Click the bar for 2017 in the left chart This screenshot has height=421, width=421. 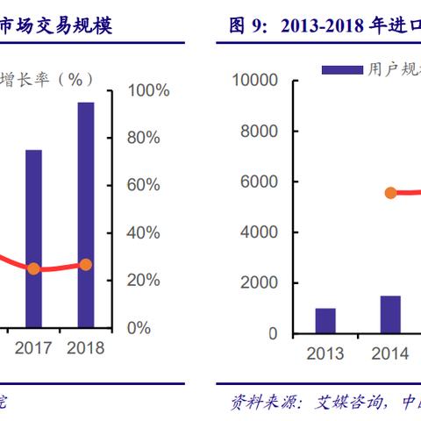[x=33, y=239]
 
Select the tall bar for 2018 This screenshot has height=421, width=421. [x=85, y=215]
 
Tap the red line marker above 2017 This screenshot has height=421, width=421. [x=33, y=268]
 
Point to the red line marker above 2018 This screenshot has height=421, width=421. [x=85, y=264]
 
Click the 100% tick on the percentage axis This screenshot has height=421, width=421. [x=149, y=90]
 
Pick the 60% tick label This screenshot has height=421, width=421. [x=144, y=185]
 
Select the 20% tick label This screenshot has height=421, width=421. [x=144, y=280]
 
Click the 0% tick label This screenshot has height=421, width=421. [x=139, y=327]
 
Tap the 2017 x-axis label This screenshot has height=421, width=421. [x=33, y=348]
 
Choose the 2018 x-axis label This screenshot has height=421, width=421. [x=85, y=348]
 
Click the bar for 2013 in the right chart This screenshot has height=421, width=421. [x=325, y=321]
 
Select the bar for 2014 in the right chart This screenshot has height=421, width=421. [x=389, y=315]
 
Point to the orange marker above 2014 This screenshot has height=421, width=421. [x=390, y=193]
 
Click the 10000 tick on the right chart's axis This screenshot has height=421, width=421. [x=255, y=80]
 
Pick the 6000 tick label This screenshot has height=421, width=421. [x=260, y=182]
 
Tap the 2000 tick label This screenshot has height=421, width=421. [x=260, y=283]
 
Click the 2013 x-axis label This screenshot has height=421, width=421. [x=325, y=353]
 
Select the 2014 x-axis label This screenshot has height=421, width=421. [x=389, y=353]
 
